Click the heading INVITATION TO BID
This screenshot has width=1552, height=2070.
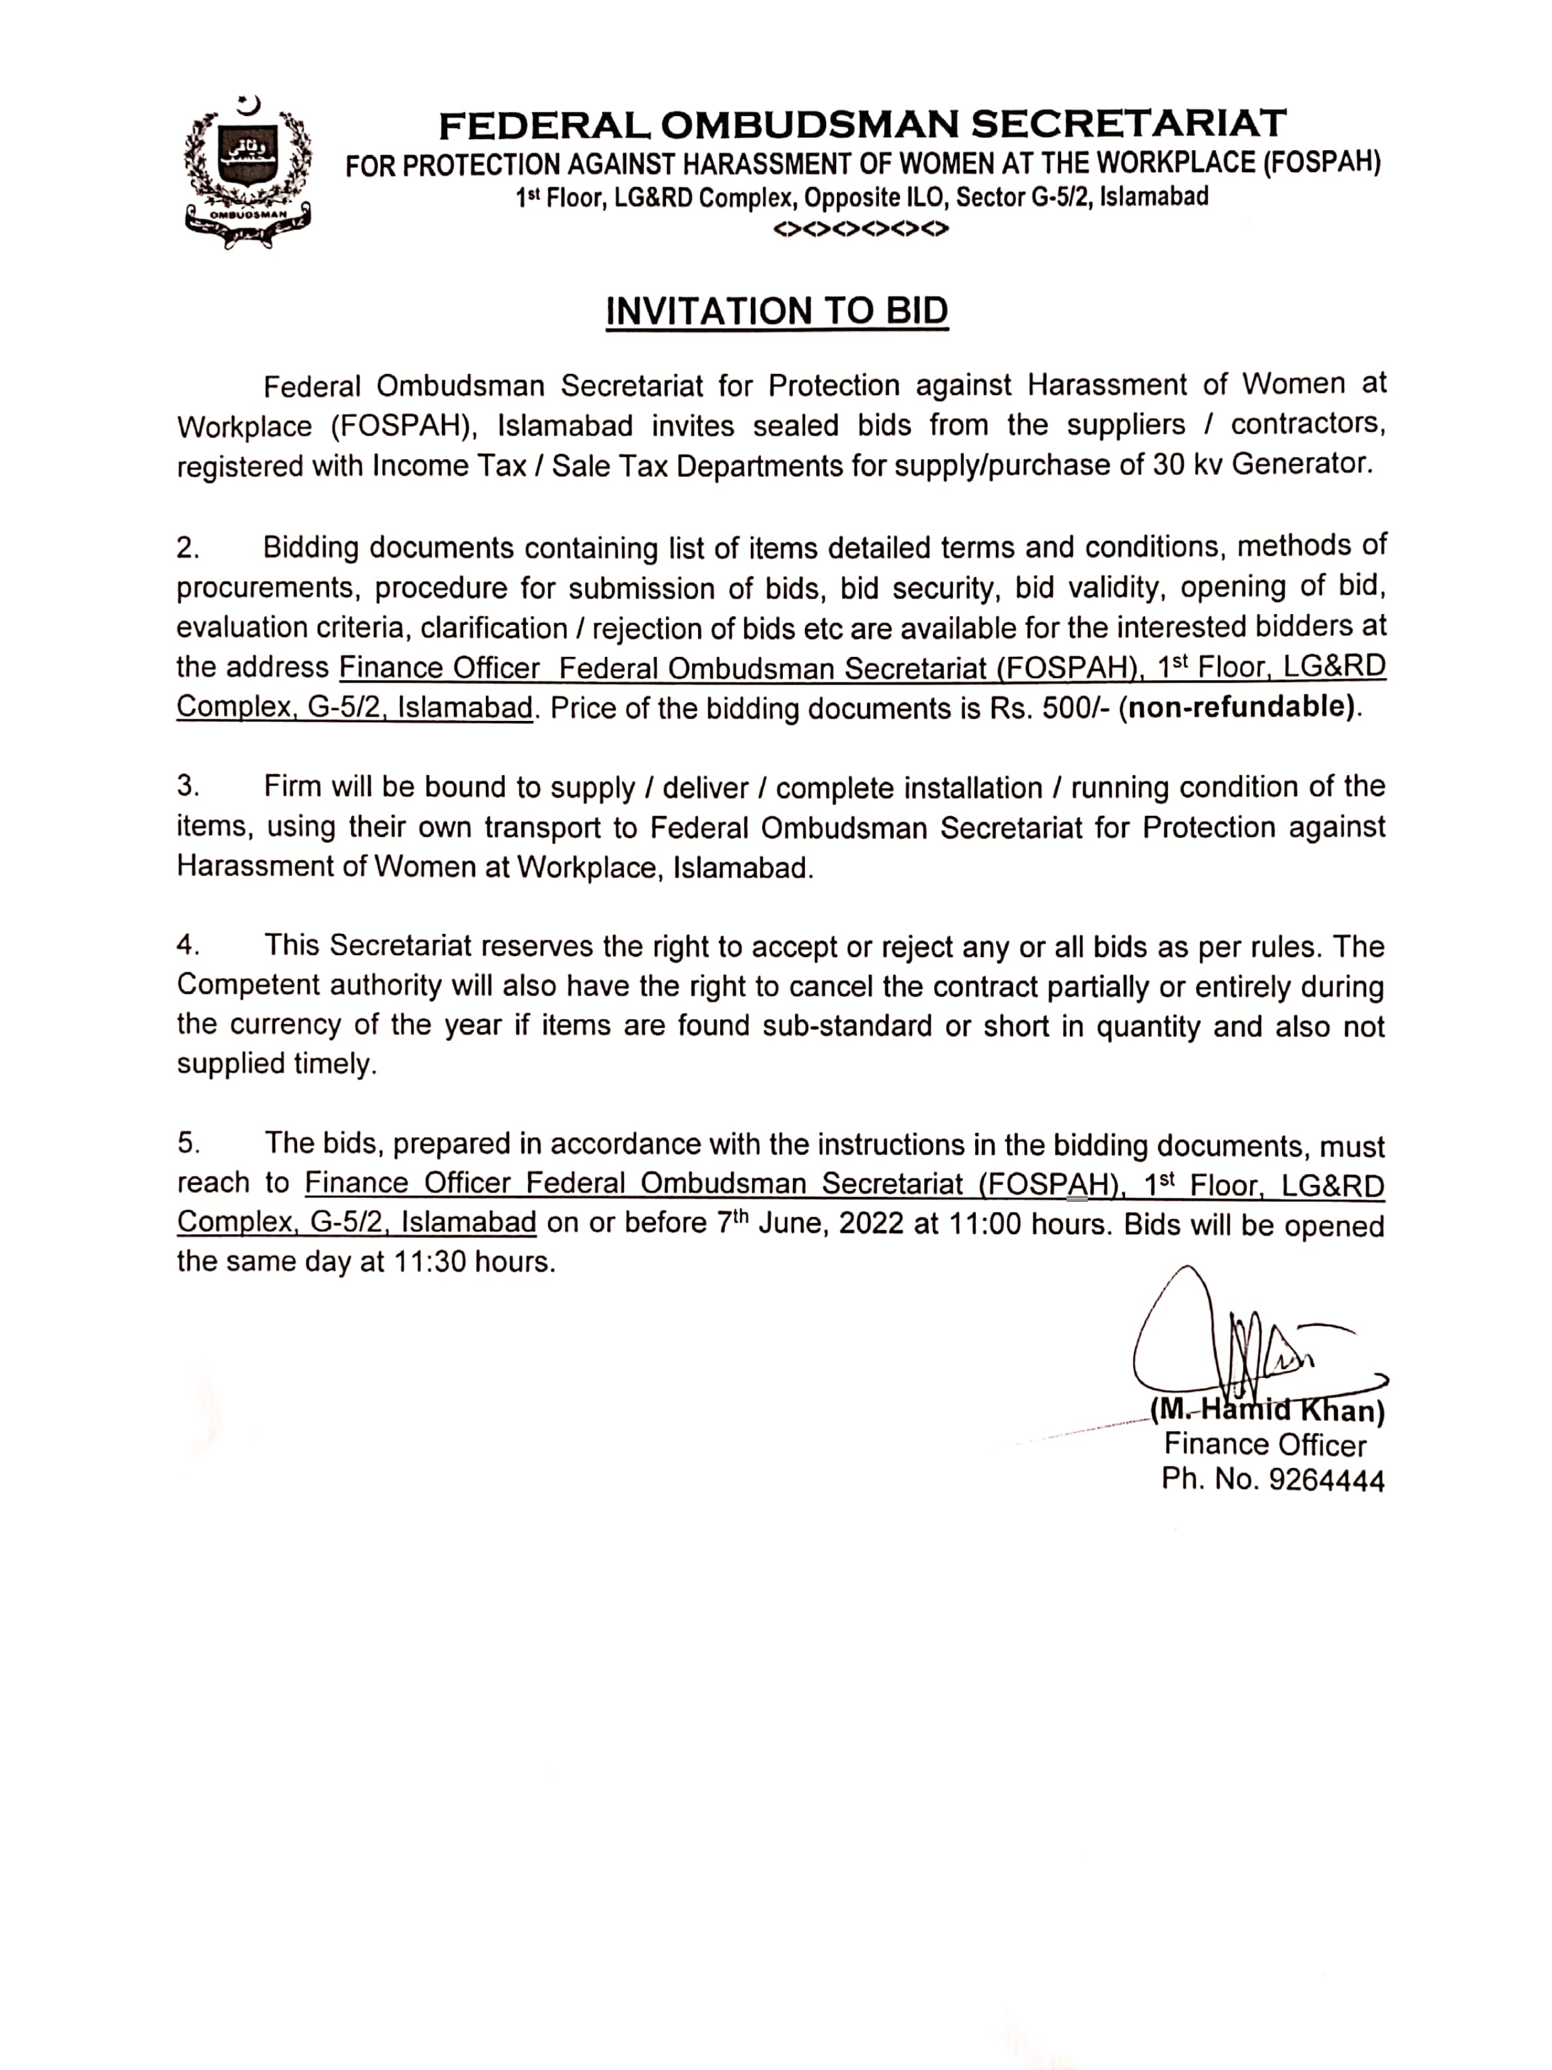pyautogui.click(x=777, y=312)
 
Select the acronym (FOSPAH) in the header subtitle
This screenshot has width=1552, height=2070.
pyautogui.click(x=1322, y=164)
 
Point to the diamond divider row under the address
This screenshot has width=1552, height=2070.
pyautogui.click(x=861, y=229)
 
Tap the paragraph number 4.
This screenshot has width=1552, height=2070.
pyautogui.click(x=188, y=946)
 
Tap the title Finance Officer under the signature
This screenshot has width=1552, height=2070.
pyautogui.click(x=1265, y=1445)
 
